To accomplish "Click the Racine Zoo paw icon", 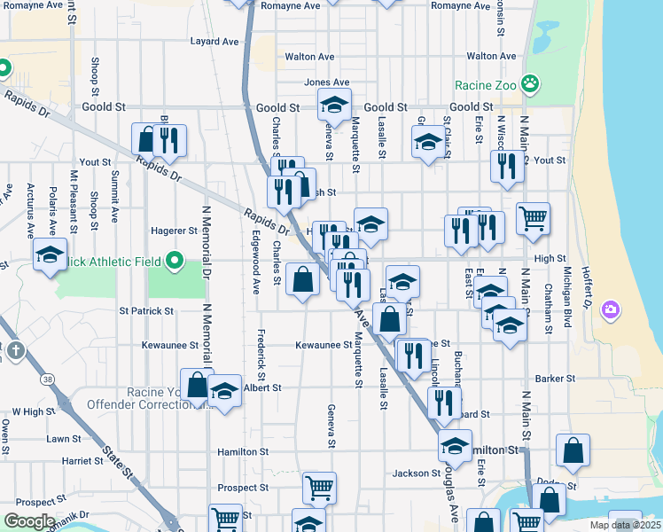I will coord(530,84).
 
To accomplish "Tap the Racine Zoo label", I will coord(486,86).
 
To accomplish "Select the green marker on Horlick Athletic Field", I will coord(175,262).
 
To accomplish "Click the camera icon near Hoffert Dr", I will coord(610,309).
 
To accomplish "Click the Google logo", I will coord(29,521).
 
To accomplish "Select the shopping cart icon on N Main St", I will coord(533,217).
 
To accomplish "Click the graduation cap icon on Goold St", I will coord(334,106).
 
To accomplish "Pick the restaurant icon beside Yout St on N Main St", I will coord(506,166).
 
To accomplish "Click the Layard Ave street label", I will coord(214,41).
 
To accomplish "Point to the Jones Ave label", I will coord(327,82).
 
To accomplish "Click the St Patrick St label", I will coord(147,311).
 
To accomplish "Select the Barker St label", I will coord(556,379).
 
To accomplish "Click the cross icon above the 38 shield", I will coord(15,351).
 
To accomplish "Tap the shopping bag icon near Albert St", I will coord(197,385).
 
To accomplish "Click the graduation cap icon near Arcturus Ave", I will coord(51,254).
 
